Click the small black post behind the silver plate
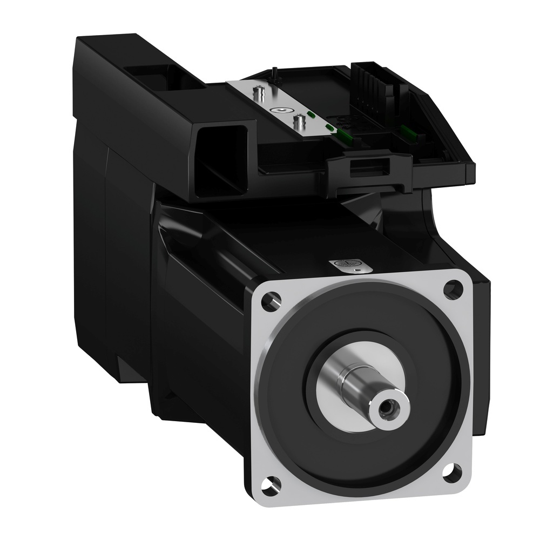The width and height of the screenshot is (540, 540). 275,70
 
